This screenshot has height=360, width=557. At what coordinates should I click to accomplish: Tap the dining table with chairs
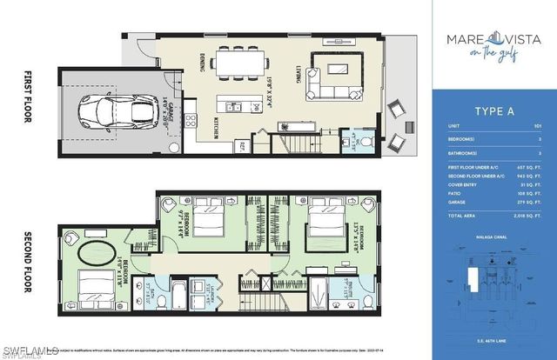237,63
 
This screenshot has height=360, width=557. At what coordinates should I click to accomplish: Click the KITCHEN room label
215,128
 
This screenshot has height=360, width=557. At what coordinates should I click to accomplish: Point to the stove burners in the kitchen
191,122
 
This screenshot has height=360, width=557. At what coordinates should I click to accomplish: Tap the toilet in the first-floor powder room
366,140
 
